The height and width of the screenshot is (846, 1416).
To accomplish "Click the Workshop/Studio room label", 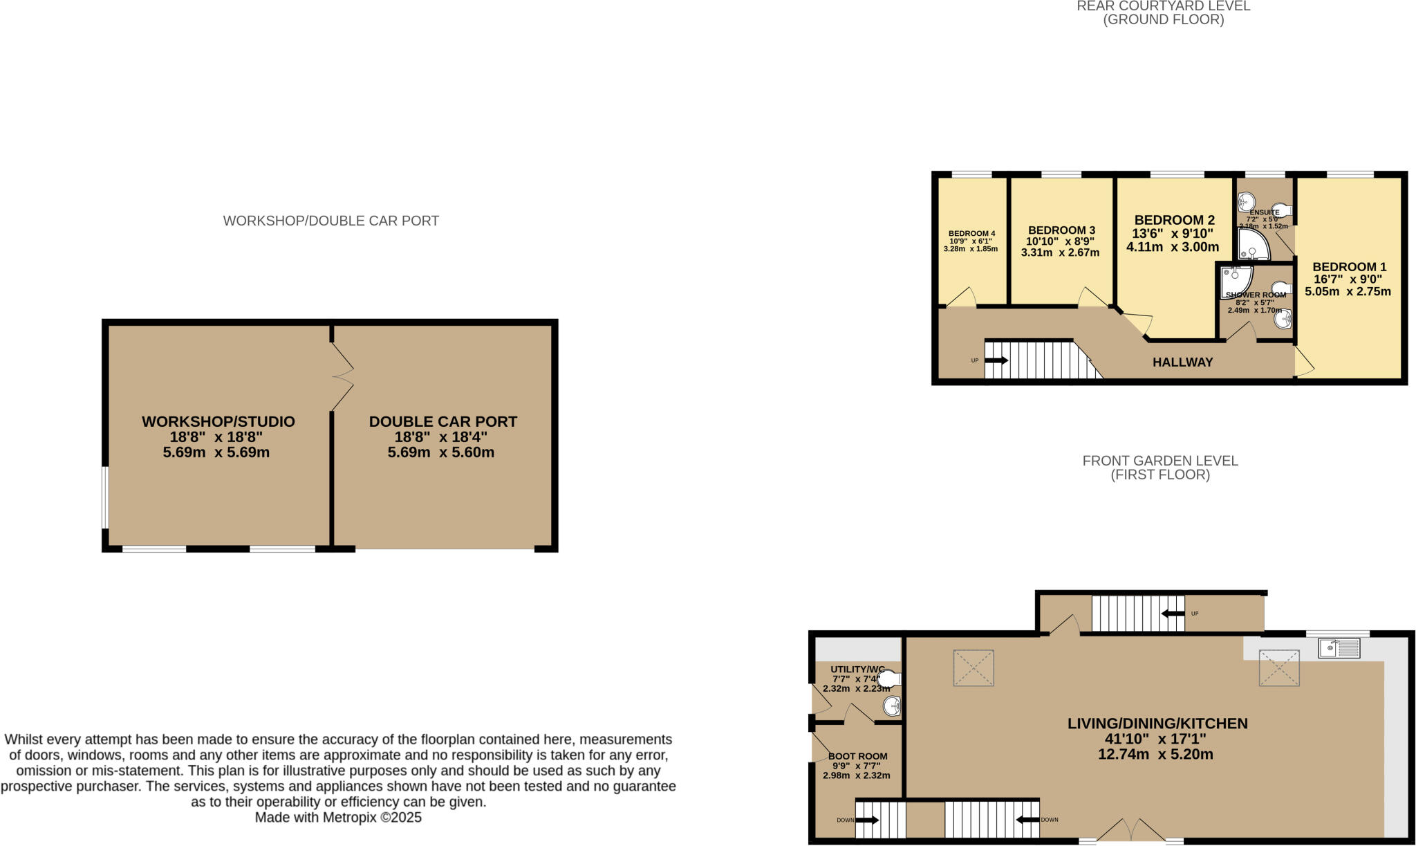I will (x=218, y=421).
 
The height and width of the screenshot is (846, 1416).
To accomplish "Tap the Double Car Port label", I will (x=442, y=421).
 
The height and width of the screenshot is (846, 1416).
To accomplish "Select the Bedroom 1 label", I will (x=1349, y=267).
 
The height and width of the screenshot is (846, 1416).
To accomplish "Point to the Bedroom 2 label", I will (x=1174, y=221).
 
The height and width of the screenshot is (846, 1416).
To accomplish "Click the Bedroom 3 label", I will (x=1061, y=230).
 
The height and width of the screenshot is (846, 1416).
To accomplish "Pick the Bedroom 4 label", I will (x=971, y=233).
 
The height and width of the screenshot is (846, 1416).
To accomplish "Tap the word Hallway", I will (x=1182, y=362).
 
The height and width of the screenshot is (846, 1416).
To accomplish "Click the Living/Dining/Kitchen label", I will (x=1157, y=724).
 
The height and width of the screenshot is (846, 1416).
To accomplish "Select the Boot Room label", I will (x=857, y=757).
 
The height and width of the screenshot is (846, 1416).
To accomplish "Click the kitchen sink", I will (x=1339, y=648).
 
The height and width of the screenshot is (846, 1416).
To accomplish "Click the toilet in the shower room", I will (x=1280, y=288).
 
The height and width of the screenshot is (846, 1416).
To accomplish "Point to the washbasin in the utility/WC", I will (x=892, y=706).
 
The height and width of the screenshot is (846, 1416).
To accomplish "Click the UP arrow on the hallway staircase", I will (x=996, y=360).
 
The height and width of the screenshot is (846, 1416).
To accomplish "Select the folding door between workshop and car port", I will (x=342, y=377).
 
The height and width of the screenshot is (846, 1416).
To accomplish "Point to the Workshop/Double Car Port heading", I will (x=330, y=221).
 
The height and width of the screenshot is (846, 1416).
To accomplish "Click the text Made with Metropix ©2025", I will (x=338, y=818).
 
